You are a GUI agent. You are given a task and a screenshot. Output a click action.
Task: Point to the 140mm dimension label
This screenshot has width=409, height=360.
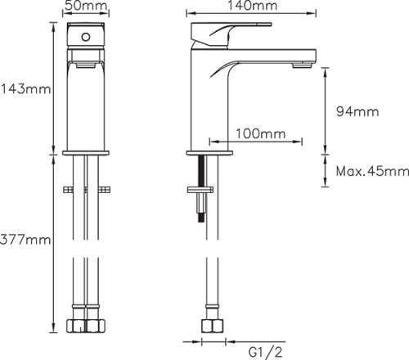tap(251, 7)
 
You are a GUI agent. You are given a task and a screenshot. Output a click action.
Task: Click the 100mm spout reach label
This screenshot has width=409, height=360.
tap(257, 133)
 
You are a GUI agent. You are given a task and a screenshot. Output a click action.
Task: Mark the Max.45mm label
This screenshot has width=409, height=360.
tap(372, 171)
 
